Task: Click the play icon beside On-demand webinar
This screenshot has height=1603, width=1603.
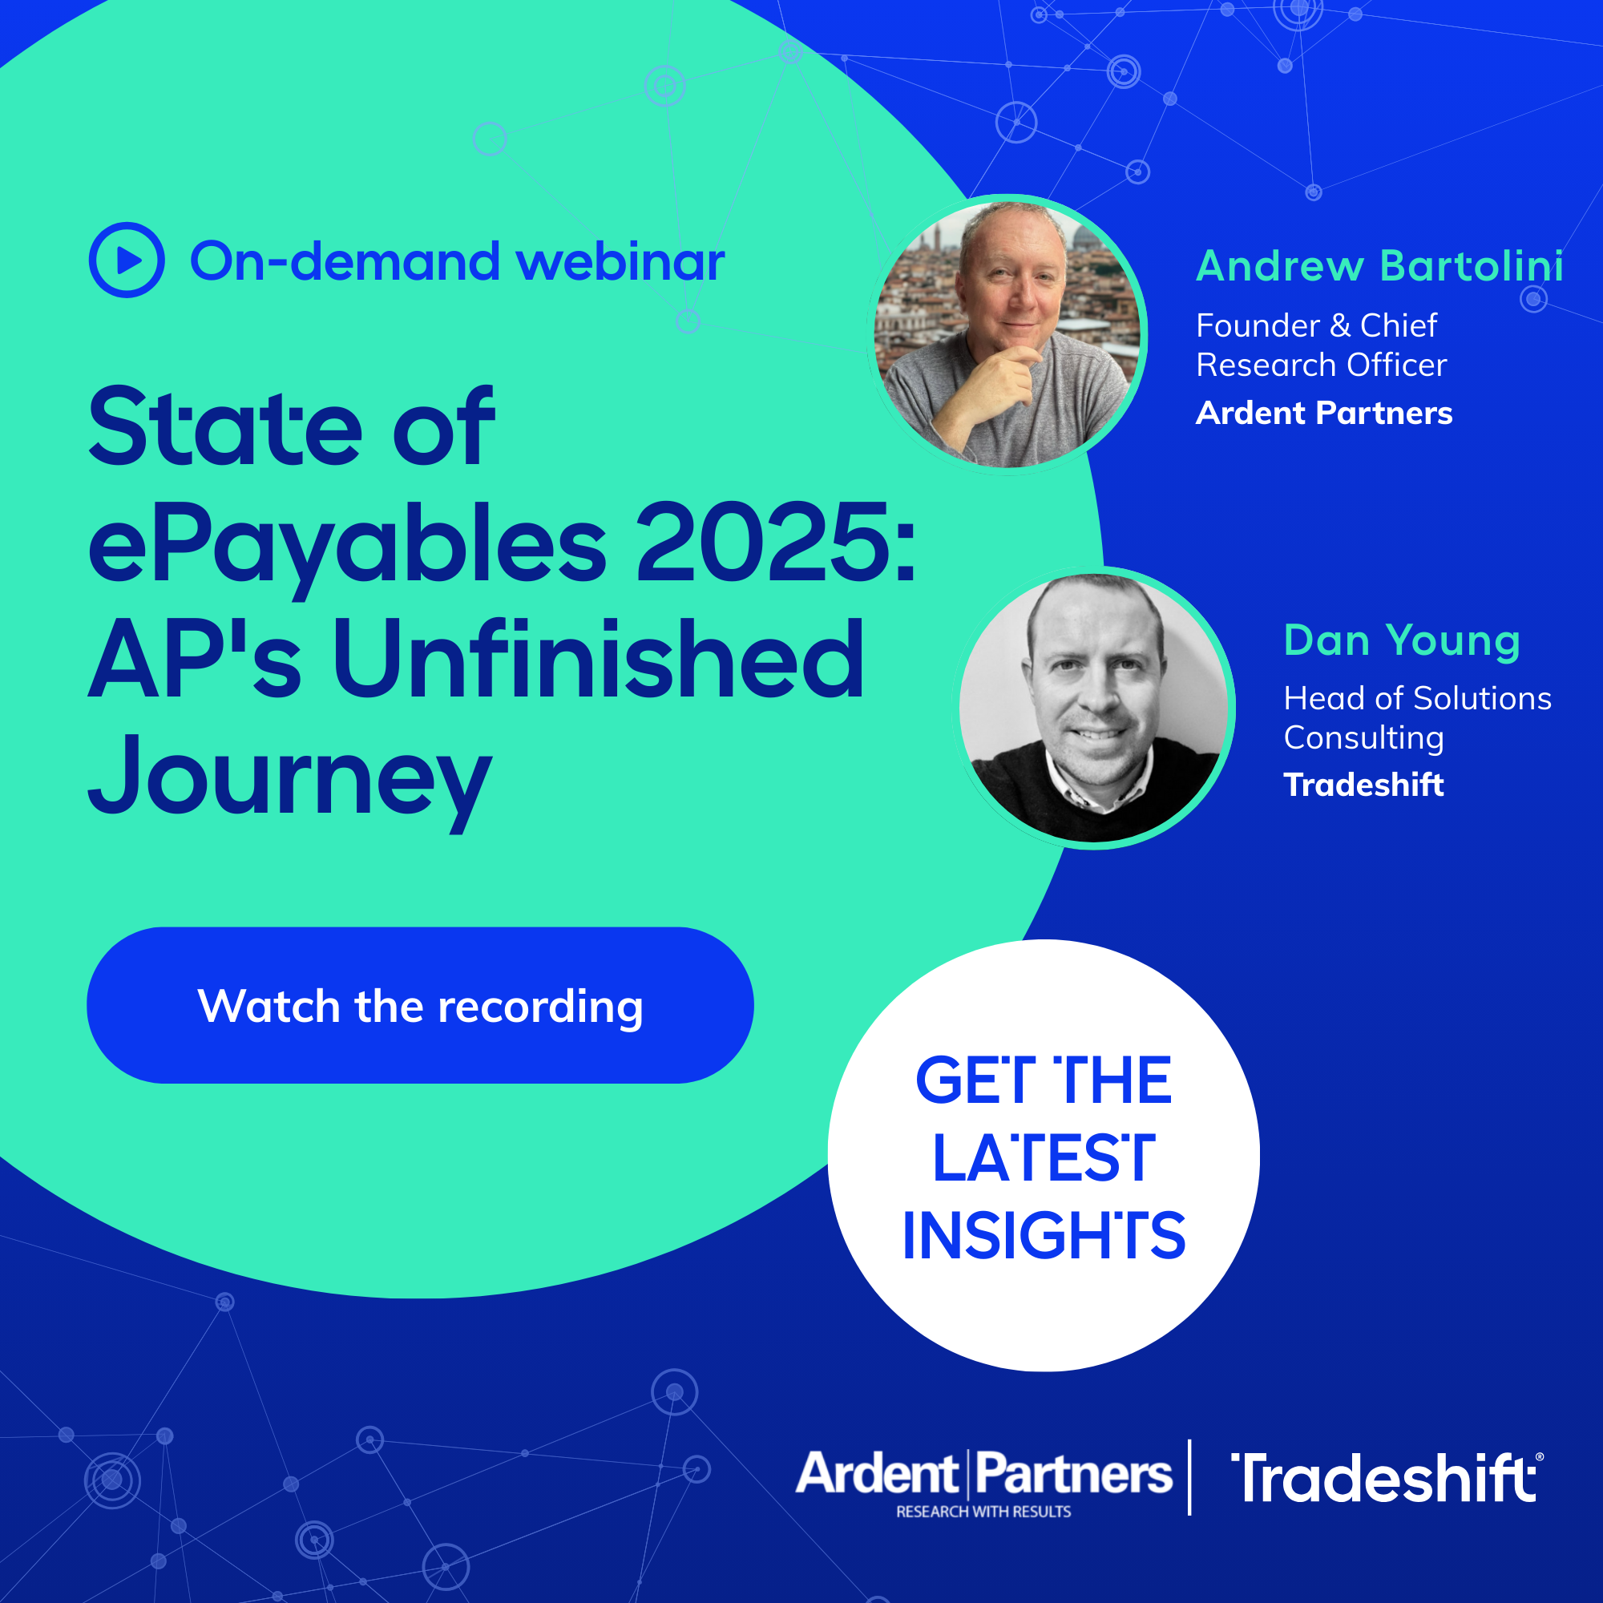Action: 127,260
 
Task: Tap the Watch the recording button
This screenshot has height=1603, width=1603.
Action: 420,1005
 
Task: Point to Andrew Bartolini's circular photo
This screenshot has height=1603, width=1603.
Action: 1007,334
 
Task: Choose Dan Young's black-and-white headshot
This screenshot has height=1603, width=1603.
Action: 1093,708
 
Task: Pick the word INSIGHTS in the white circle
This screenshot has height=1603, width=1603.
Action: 1044,1235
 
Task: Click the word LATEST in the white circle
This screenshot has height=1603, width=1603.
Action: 1044,1158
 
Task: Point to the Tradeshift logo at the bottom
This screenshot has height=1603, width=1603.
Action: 1386,1478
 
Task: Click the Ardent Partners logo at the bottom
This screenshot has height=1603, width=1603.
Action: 984,1484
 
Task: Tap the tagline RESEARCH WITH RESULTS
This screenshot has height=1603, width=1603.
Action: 983,1512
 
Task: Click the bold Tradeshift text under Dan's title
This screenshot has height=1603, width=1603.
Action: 1363,785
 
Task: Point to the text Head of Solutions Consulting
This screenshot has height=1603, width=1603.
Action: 1417,717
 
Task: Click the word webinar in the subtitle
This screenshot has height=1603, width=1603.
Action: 620,262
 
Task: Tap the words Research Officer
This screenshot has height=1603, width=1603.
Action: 1322,365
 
